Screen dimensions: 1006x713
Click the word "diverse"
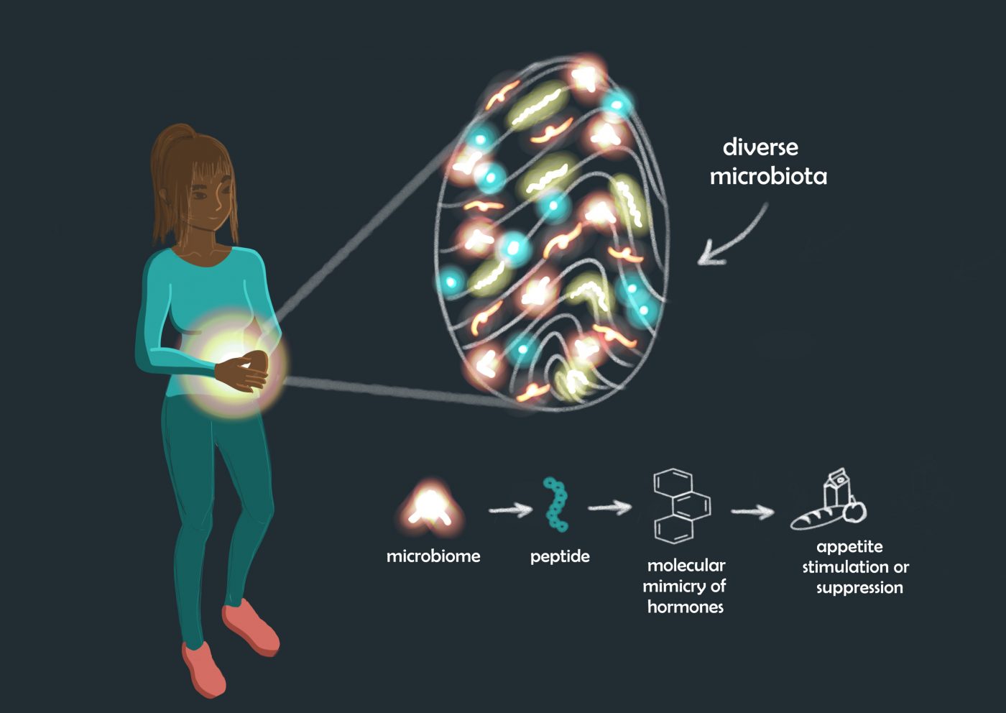tap(760, 148)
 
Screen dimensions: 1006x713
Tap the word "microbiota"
tap(768, 176)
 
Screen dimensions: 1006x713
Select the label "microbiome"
tap(433, 556)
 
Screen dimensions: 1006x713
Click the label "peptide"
tap(560, 557)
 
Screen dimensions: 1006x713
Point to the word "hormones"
tap(686, 607)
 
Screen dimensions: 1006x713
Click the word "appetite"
tap(849, 548)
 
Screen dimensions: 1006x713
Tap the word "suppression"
tap(859, 588)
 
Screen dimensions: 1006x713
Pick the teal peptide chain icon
tap(556, 504)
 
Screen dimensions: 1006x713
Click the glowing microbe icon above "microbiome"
tap(430, 507)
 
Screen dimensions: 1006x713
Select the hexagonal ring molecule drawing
tap(681, 505)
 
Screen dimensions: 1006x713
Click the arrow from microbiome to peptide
tap(510, 510)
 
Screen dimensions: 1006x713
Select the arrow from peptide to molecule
tap(609, 507)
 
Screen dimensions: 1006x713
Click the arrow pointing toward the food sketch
tap(752, 511)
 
